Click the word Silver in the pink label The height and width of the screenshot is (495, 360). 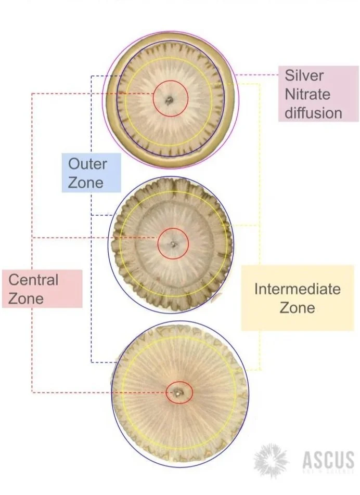pyautogui.click(x=304, y=76)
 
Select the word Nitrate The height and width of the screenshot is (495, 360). pyautogui.click(x=307, y=94)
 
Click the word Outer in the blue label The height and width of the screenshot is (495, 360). pyautogui.click(x=87, y=164)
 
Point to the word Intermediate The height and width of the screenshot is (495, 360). pyautogui.click(x=297, y=289)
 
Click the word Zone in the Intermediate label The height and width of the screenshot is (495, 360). pyautogui.click(x=297, y=307)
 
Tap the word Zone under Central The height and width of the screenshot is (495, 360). pyautogui.click(x=26, y=298)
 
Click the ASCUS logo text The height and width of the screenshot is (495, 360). pyautogui.click(x=328, y=460)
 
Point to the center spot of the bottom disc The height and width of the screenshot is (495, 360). pyautogui.click(x=179, y=393)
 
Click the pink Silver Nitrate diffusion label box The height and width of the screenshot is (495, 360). pyautogui.click(x=311, y=94)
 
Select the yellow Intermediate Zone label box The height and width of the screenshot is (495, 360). pyautogui.click(x=297, y=298)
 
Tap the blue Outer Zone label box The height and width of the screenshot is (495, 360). pyautogui.click(x=92, y=173)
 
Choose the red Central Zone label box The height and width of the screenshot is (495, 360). pyautogui.click(x=42, y=289)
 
